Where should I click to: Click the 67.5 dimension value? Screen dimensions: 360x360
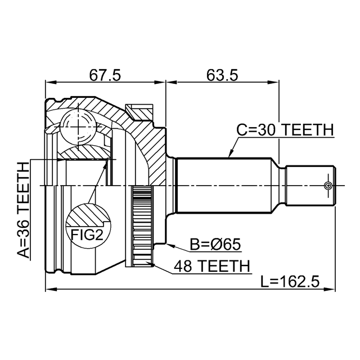point(105,75)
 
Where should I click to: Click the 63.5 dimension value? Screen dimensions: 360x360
point(222,75)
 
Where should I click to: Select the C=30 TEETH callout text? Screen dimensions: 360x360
point(285,130)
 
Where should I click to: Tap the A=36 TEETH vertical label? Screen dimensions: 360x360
point(24,210)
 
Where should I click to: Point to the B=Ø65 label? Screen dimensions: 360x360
point(215,244)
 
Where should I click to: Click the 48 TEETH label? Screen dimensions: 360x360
point(211,266)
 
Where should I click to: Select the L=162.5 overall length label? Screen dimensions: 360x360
point(290,281)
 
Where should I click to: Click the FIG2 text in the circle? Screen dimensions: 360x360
point(87,235)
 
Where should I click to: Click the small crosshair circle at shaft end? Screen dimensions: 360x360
point(328,186)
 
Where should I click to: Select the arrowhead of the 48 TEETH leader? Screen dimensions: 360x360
point(150,264)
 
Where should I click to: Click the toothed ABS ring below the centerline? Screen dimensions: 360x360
point(142,226)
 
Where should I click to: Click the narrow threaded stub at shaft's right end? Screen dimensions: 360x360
point(310,186)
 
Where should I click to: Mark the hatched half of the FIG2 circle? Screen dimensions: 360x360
point(88,215)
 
